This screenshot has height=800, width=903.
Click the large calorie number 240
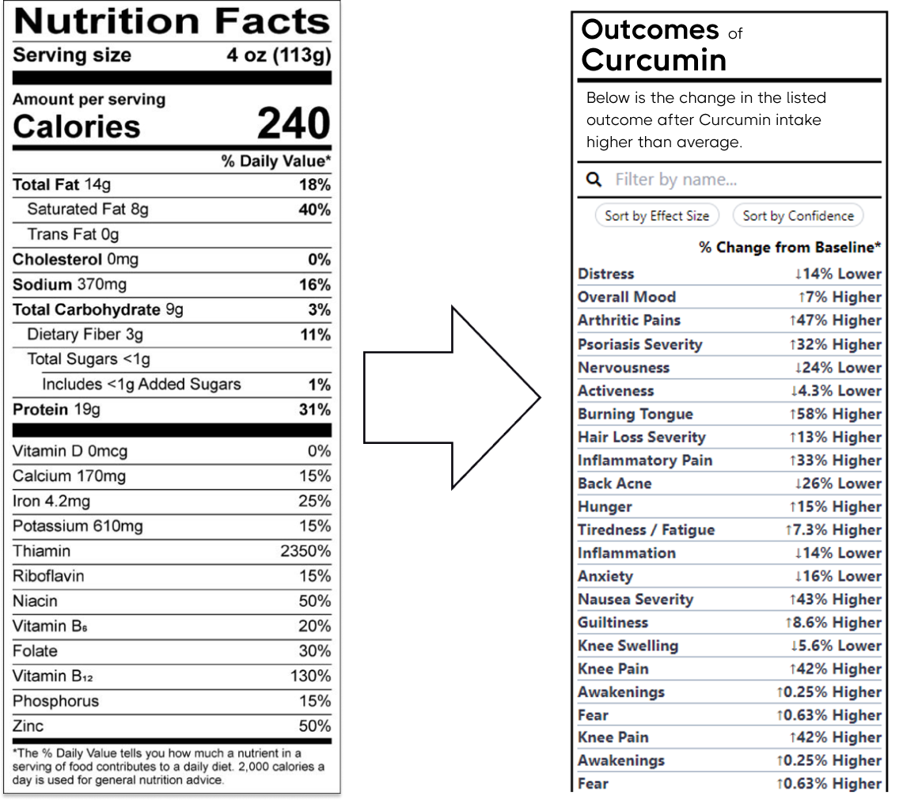294,124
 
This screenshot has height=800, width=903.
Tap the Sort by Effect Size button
656,216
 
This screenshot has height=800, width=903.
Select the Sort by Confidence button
798,216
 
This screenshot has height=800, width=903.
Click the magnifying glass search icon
594,180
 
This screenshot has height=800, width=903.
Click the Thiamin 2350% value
305,552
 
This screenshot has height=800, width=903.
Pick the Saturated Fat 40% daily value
314,210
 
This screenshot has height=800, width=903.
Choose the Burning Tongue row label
635,414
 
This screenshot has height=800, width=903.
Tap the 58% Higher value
835,414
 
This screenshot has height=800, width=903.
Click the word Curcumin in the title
654,60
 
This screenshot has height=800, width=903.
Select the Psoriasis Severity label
639,344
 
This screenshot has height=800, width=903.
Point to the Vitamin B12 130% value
310,677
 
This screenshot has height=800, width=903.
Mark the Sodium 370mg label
70,285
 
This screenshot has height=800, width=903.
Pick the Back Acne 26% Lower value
837,483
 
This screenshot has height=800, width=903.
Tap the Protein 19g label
56,410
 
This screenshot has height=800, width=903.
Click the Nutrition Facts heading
172,21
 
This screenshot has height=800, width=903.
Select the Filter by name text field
744,180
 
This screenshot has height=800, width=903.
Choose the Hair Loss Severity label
641,437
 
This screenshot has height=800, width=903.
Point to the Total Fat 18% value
315,185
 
